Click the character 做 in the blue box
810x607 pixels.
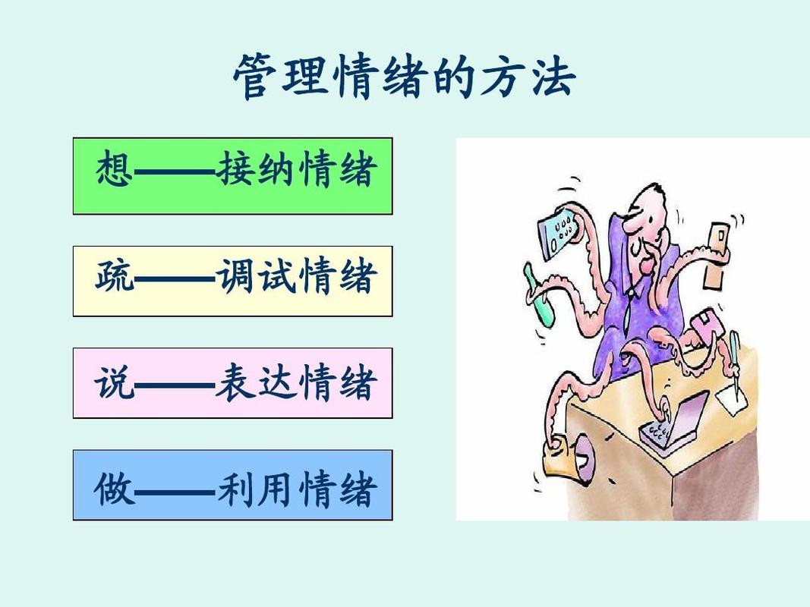[x=115, y=488]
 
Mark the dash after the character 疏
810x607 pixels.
[x=175, y=278]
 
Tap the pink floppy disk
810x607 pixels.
[x=702, y=326]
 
